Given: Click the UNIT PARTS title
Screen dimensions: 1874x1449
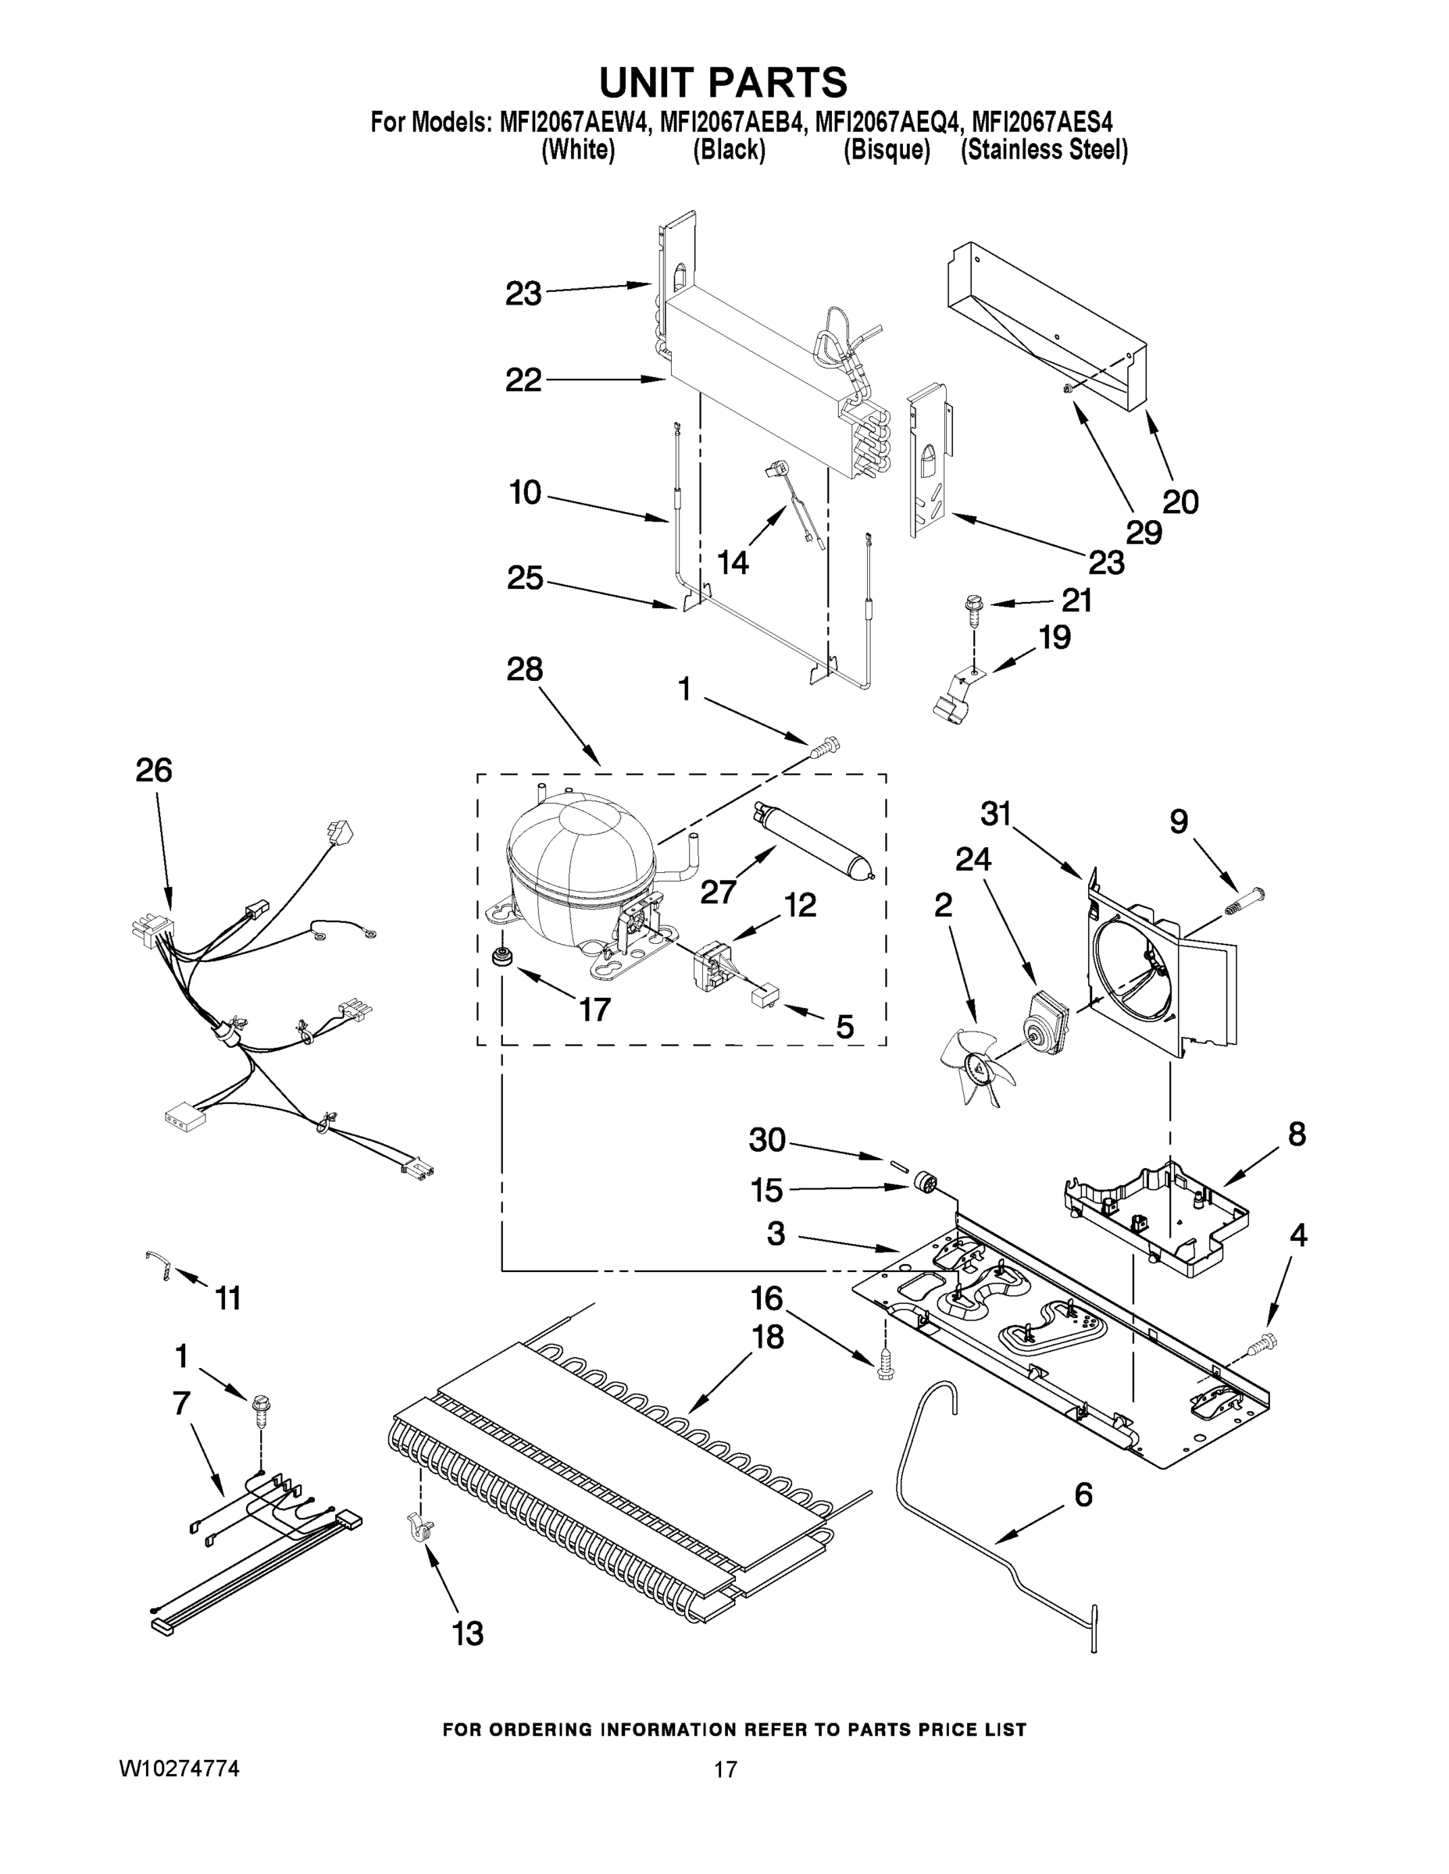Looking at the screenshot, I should click(723, 84).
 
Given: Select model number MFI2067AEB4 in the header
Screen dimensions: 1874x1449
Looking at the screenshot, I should click(732, 122).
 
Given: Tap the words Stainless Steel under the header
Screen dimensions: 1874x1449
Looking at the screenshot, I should click(1044, 151).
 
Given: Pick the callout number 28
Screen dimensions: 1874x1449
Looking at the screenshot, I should click(524, 669).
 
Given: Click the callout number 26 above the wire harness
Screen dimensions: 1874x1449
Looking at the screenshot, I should click(154, 770).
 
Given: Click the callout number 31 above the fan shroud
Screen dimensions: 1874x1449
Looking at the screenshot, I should click(996, 814).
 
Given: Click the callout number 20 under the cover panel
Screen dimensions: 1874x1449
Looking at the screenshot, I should click(1180, 501).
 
